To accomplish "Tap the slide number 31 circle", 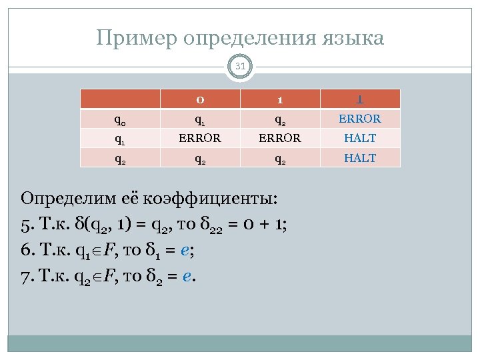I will point(240,66).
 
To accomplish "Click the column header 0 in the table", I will point(200,99).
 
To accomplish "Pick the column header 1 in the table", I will point(281,99).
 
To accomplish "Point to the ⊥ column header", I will point(360,99).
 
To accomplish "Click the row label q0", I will point(121,120).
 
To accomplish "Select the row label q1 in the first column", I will point(121,139).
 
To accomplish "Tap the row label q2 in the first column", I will point(121,159).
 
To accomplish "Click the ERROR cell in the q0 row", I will point(360,119).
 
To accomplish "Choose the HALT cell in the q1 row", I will point(360,139).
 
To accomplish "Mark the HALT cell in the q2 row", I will point(360,158).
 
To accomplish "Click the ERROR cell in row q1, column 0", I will point(200,139).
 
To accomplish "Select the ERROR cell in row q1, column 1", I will point(281,139).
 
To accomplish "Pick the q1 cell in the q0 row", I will point(200,120).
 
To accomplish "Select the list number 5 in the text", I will point(25,225).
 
